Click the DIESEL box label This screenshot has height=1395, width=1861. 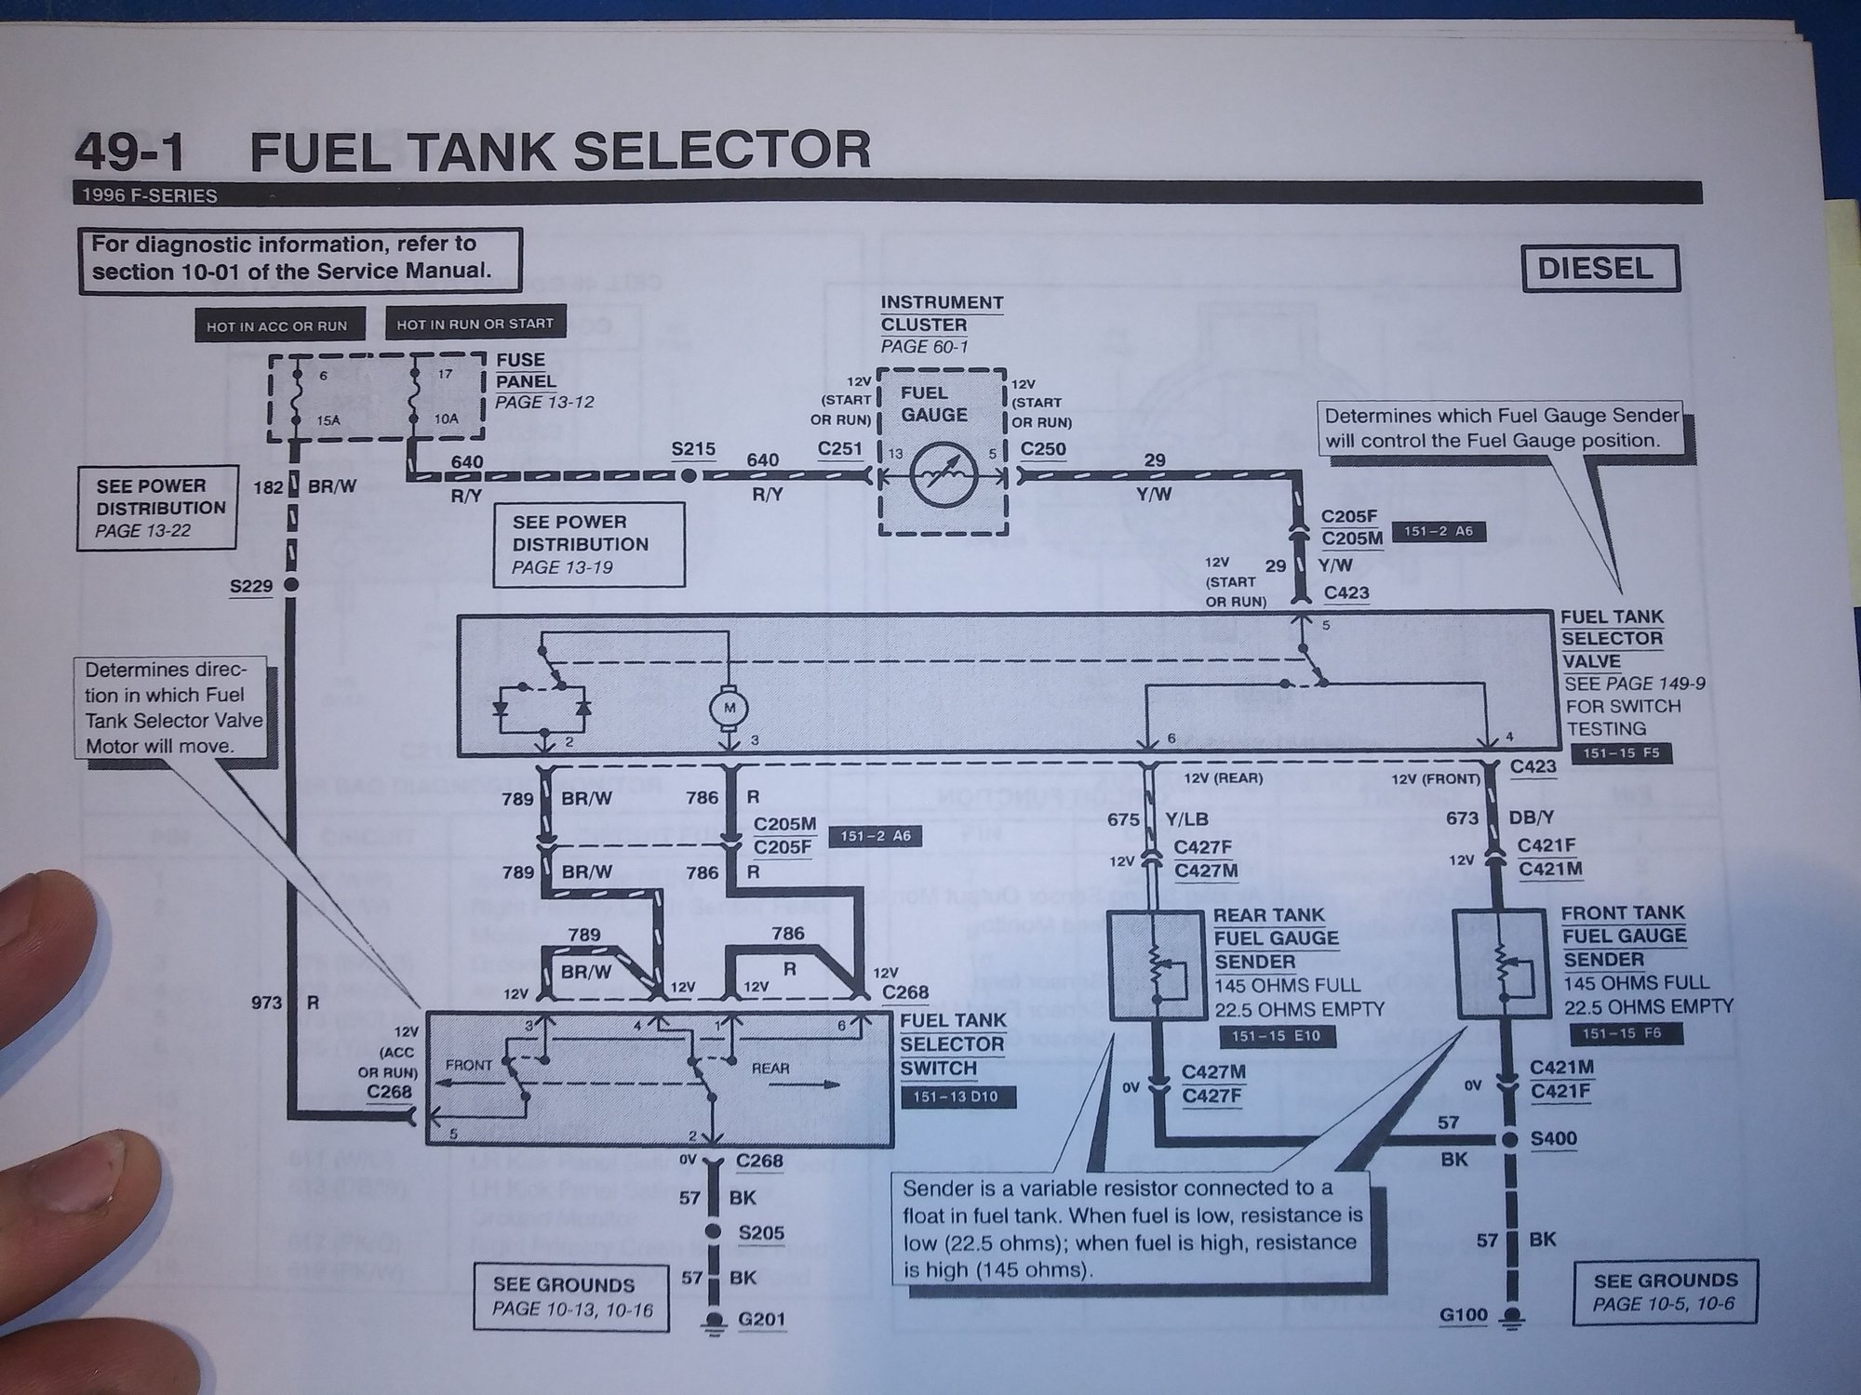[x=1600, y=270]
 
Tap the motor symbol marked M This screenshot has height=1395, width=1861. [x=730, y=710]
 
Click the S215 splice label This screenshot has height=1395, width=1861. [x=693, y=450]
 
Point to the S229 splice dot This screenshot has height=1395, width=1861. [x=291, y=585]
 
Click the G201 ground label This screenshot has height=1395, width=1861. [x=762, y=1320]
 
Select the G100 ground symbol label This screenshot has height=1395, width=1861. [x=1464, y=1315]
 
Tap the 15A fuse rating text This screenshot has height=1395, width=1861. [x=328, y=420]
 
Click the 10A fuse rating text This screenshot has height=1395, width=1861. [x=447, y=418]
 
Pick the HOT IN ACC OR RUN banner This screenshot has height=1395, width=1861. [x=276, y=326]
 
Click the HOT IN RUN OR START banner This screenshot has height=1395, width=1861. [x=475, y=324]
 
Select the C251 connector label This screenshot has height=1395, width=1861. [x=839, y=449]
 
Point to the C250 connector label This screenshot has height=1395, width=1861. [x=1043, y=449]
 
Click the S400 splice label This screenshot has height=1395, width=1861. [x=1554, y=1139]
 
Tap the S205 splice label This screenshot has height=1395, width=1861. [x=761, y=1233]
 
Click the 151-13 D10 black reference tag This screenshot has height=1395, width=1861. [x=956, y=1096]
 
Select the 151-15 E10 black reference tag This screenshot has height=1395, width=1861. [x=1276, y=1036]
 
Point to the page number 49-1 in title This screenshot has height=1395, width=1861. [x=130, y=152]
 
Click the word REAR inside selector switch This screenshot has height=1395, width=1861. [x=770, y=1069]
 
